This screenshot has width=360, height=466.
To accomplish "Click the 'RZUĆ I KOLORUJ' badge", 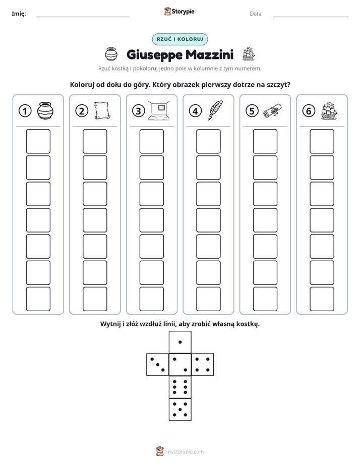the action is click(x=179, y=39).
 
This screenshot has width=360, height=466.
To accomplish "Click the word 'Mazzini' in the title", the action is click(x=210, y=54).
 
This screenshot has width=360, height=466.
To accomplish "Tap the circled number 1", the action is click(x=25, y=111).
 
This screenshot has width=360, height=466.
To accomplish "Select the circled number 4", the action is click(x=195, y=111).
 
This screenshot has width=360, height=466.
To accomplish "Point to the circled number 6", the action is click(x=309, y=111).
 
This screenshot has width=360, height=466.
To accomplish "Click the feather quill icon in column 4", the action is click(x=216, y=110).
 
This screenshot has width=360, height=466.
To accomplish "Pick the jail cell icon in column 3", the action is click(x=159, y=110).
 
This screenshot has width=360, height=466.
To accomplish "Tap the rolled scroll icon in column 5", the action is click(x=272, y=110).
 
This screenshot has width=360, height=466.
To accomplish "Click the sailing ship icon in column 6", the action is click(x=329, y=110).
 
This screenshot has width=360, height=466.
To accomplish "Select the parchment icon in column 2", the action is click(x=102, y=110).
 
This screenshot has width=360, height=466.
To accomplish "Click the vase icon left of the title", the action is click(x=111, y=54).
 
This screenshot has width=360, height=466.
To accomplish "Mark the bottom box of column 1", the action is click(x=38, y=299).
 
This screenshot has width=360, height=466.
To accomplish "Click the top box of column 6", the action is click(x=322, y=141).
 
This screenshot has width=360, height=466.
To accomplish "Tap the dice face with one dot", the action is click(x=180, y=342).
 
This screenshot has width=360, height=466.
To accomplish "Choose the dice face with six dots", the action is click(x=180, y=387).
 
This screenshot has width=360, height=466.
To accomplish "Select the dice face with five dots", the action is click(x=180, y=410).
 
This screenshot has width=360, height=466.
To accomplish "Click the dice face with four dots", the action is click(x=203, y=365).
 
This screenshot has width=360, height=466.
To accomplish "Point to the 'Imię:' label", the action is click(x=19, y=14).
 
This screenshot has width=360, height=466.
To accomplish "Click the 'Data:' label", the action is click(x=256, y=14).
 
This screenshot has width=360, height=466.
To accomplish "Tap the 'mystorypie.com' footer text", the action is click(x=185, y=452).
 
